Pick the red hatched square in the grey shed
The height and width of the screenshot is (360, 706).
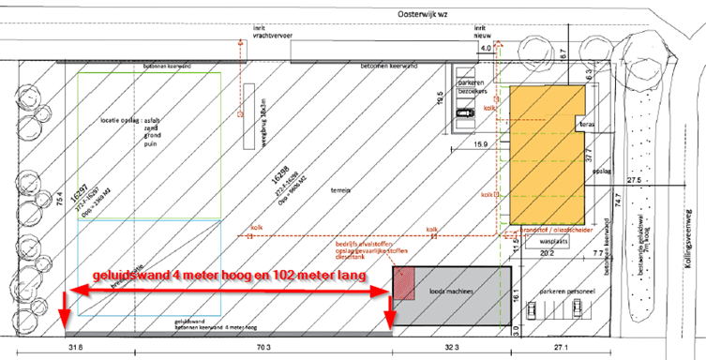click(403, 283)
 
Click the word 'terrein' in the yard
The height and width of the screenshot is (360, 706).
click(339, 190)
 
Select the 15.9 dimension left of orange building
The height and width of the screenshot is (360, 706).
click(479, 142)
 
